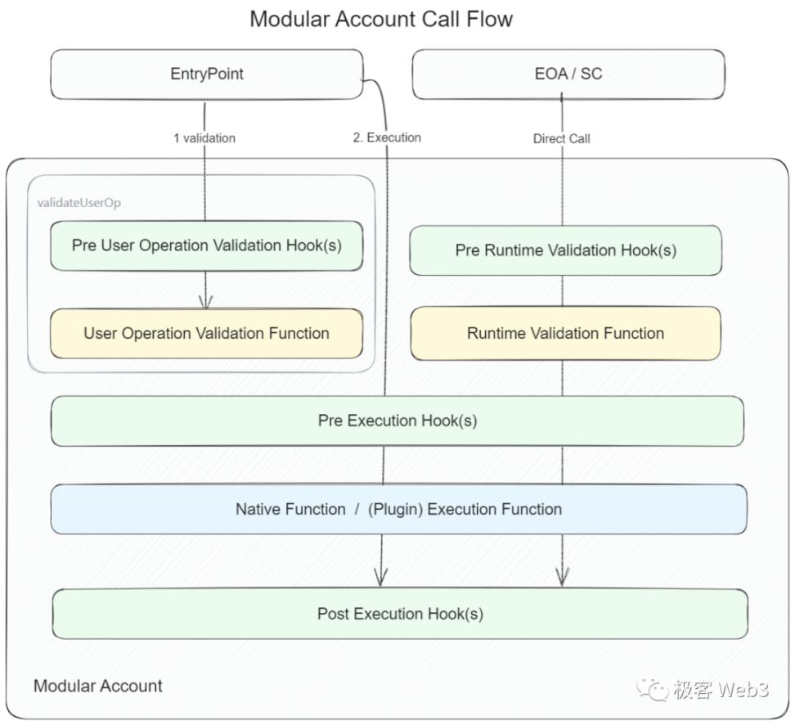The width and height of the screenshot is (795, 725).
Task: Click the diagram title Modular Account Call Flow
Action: (x=381, y=20)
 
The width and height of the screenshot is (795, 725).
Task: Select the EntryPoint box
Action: (x=207, y=74)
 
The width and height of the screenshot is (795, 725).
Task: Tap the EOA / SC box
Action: (x=568, y=74)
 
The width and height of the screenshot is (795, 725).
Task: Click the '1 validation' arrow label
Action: (x=204, y=138)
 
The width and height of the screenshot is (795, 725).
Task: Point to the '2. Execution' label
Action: (x=387, y=137)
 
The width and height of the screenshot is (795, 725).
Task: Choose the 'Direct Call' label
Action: (x=561, y=138)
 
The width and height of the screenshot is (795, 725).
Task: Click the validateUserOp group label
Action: (x=79, y=203)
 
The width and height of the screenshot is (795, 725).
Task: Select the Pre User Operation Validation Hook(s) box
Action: (x=207, y=245)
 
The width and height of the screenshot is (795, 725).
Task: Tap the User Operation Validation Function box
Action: (x=207, y=333)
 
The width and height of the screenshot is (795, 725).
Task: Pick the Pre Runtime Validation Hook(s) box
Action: (x=566, y=250)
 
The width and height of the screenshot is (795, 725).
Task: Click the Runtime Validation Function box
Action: (x=566, y=333)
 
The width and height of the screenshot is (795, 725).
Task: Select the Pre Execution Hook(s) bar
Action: (x=397, y=421)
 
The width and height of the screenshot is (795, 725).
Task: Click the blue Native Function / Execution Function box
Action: (x=399, y=509)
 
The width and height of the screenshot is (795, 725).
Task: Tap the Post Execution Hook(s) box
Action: (x=400, y=614)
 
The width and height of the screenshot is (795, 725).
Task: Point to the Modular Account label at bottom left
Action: (x=98, y=686)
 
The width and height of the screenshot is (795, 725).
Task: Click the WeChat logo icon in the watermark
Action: (x=653, y=690)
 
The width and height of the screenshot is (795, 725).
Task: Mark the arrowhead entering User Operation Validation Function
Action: (x=205, y=304)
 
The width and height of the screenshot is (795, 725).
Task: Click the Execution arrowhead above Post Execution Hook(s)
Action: (x=381, y=579)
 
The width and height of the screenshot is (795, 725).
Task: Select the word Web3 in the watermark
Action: (x=743, y=690)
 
